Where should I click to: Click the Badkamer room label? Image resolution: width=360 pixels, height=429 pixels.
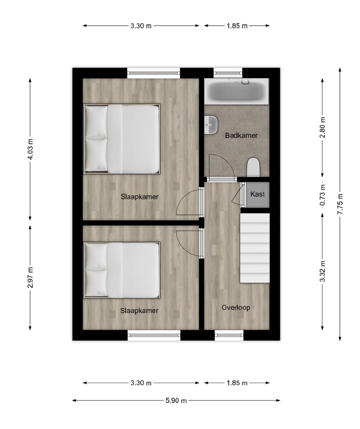coord(241,135)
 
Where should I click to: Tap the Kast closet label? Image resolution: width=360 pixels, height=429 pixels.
coord(258,194)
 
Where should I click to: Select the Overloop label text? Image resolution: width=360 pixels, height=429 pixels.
coord(236,307)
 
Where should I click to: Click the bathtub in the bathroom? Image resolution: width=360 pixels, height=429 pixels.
coord(237,91)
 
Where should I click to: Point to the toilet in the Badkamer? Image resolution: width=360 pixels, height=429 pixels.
coord(253,167)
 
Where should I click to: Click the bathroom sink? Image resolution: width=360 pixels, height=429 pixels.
coord(211,125)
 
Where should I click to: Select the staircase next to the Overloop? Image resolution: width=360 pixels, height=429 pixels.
coord(255,248)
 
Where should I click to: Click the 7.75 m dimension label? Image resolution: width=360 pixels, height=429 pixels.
coord(340,204)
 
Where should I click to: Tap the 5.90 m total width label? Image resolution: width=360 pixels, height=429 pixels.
coord(176,400)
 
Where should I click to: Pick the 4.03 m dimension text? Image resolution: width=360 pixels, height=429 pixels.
coord(30,149)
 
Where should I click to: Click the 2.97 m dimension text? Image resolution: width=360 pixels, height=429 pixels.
coord(30,277)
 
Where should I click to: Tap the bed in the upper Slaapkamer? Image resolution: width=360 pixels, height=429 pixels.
coord(122,139)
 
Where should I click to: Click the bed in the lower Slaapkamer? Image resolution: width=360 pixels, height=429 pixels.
coord(122,270)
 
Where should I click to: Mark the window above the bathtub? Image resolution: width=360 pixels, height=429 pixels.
coord(228,73)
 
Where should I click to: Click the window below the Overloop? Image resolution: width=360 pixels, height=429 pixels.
coord(229,335)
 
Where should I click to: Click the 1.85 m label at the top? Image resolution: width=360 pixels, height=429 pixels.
coord(237,26)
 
